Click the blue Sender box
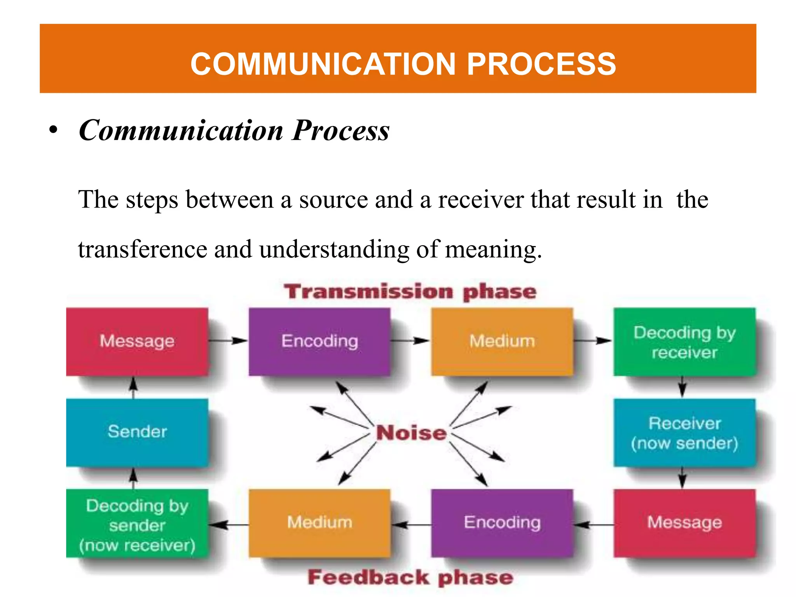point(137,432)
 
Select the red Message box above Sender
point(137,341)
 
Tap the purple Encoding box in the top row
point(319,341)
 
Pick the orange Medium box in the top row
point(502,341)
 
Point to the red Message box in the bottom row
point(684,523)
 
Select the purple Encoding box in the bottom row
point(502,523)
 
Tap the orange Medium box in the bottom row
point(319,523)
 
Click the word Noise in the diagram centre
point(411,433)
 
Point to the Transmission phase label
point(410,292)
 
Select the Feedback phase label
point(410,578)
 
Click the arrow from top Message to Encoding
point(228,341)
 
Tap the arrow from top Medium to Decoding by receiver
point(593,341)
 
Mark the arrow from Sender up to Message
point(133,388)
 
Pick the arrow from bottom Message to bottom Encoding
point(594,525)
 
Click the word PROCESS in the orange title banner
point(541,64)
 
